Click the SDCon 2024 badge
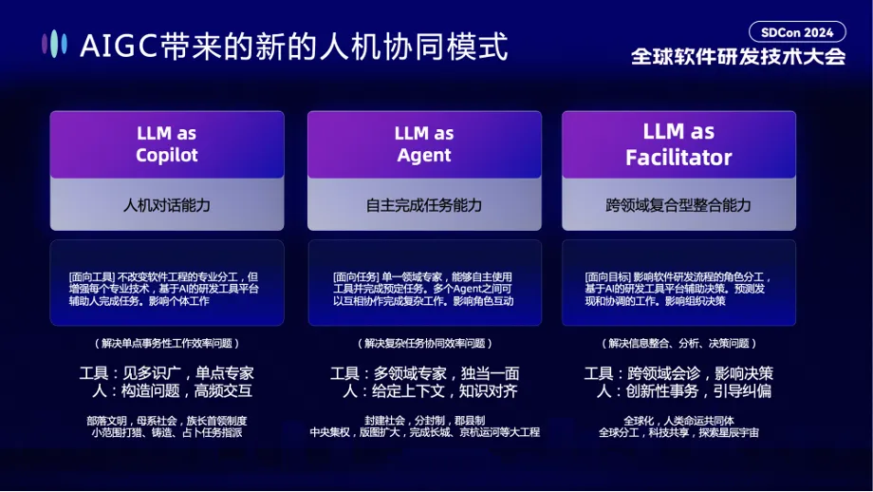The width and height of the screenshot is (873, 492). click(x=796, y=32)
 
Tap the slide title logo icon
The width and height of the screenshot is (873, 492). click(x=54, y=44)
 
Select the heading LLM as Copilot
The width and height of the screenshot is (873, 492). click(x=167, y=144)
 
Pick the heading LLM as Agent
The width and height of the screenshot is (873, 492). click(x=424, y=144)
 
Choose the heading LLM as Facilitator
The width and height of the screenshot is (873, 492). click(x=678, y=144)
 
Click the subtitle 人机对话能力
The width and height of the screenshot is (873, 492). click(x=167, y=205)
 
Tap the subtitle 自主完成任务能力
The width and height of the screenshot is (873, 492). click(x=424, y=205)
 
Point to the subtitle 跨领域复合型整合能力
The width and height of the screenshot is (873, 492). click(x=678, y=205)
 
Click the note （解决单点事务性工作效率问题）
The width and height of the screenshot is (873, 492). click(x=167, y=343)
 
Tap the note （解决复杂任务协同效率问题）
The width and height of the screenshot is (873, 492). click(x=424, y=343)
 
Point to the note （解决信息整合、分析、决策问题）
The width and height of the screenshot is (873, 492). click(x=678, y=343)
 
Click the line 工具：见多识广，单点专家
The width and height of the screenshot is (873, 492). click(x=167, y=372)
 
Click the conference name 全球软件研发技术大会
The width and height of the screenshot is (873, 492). click(x=738, y=57)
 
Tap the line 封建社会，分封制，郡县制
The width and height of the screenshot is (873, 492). click(x=424, y=419)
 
